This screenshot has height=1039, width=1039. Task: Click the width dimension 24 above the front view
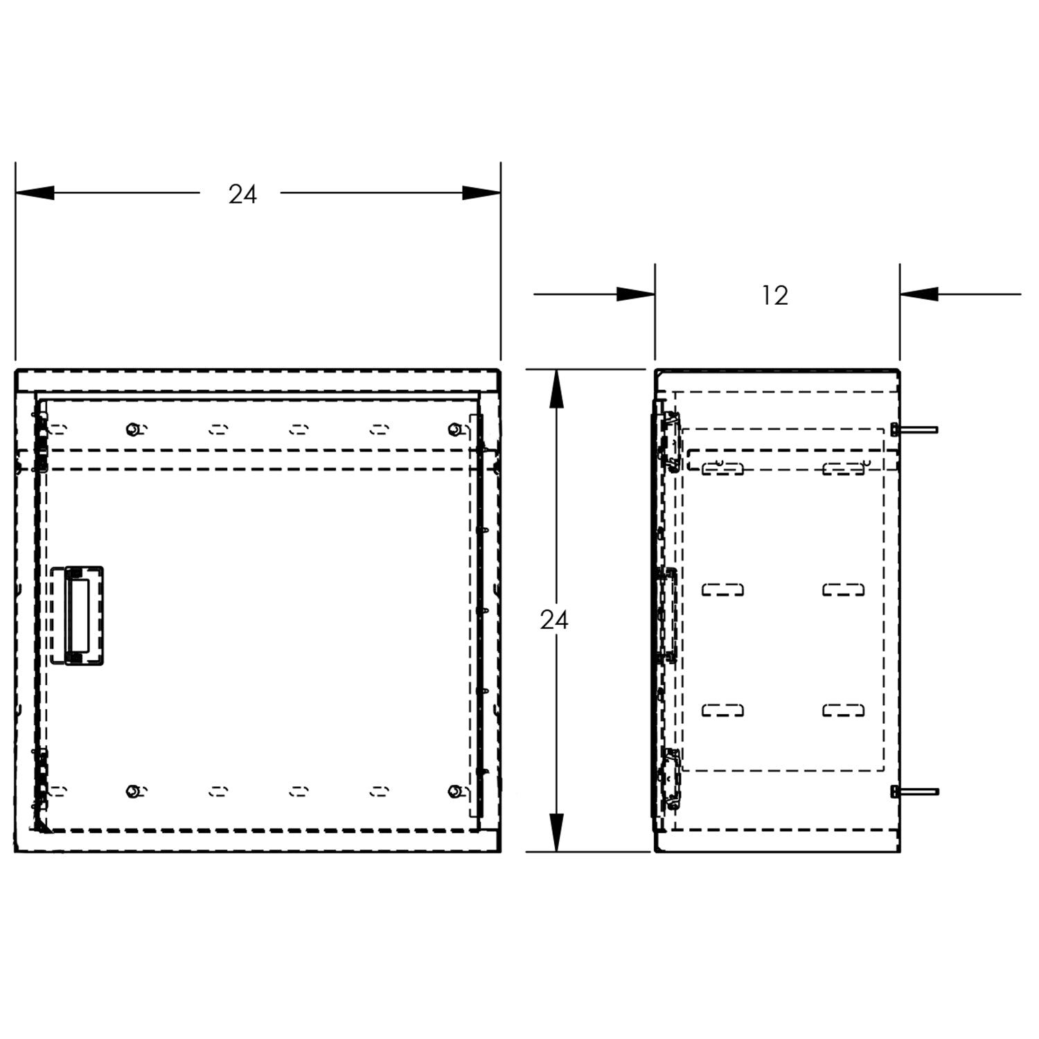[242, 195]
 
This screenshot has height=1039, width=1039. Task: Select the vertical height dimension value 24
[554, 621]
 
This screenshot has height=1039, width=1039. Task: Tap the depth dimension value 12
[775, 296]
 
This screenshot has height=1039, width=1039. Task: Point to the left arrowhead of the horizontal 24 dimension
[35, 193]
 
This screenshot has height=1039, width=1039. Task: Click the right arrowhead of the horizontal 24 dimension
[481, 193]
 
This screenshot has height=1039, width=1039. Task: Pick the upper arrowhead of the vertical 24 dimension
[556, 389]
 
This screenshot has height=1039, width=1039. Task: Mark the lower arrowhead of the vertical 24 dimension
[556, 833]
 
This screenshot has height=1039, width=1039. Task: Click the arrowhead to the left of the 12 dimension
[636, 294]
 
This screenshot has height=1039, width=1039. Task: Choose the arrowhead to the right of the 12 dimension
[919, 294]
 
